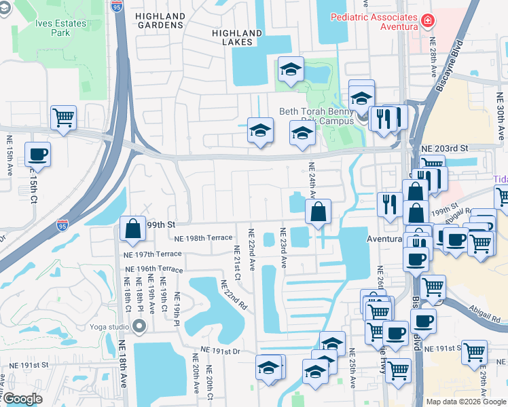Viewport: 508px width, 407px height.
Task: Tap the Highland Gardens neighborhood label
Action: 160,20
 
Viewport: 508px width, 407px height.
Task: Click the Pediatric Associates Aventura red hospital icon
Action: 427,21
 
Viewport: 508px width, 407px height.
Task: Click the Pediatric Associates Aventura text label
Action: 373,21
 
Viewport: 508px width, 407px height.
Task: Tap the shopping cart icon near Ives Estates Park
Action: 63,118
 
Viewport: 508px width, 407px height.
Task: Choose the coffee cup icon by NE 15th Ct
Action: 37,154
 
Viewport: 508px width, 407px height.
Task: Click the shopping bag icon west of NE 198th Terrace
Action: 133,229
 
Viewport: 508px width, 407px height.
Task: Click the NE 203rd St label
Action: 445,148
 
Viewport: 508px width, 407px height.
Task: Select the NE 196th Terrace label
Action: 154,269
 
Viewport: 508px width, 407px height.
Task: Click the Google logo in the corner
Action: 22,400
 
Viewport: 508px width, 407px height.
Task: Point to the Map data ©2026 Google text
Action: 466,402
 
